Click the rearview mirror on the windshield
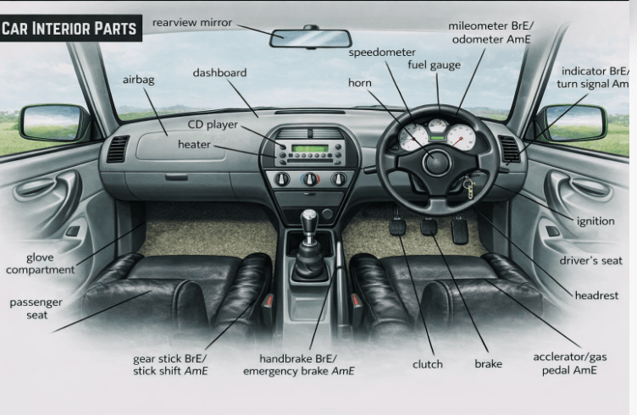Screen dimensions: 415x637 click(x=310, y=38)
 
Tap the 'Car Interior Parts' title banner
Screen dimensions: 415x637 click(x=69, y=28)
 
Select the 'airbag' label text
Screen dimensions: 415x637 click(x=139, y=80)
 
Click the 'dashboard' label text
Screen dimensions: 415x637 click(x=219, y=73)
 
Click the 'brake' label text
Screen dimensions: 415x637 click(x=488, y=364)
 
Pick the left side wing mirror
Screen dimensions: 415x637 click(x=49, y=123)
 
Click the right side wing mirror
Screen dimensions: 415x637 click(x=576, y=123)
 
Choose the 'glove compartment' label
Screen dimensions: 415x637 click(x=40, y=263)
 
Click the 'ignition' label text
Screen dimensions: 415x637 click(x=595, y=221)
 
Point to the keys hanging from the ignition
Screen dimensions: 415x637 click(x=468, y=188)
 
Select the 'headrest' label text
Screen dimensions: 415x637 click(x=595, y=296)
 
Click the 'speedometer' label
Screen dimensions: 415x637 click(x=382, y=53)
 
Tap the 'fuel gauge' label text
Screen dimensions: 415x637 click(x=434, y=65)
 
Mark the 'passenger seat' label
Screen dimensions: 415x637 click(x=36, y=308)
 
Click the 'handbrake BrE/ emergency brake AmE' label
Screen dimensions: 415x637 click(x=298, y=364)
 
